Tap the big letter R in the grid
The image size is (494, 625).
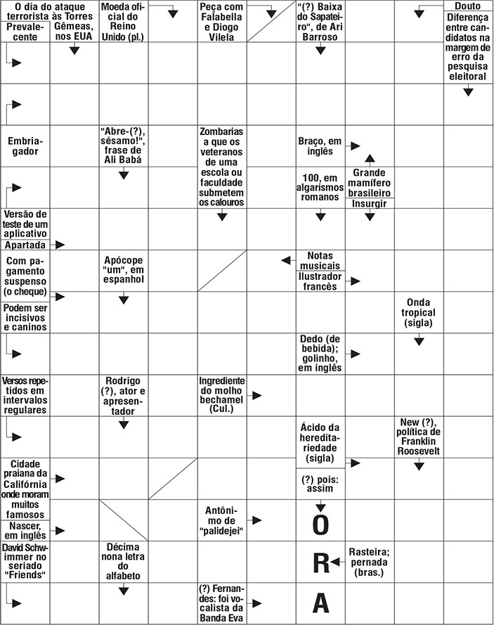320,562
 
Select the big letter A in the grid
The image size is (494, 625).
320,603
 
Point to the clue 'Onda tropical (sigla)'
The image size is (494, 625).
419,313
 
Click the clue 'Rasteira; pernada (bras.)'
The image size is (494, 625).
369,562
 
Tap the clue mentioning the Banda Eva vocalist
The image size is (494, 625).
221,603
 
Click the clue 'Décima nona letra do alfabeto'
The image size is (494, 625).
123,560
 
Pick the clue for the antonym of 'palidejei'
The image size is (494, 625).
221,520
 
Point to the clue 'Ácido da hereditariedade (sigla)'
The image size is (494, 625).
320,442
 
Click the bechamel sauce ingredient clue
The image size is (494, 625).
221,394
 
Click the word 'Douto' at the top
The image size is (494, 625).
468,6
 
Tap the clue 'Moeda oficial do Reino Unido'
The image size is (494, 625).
123,21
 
